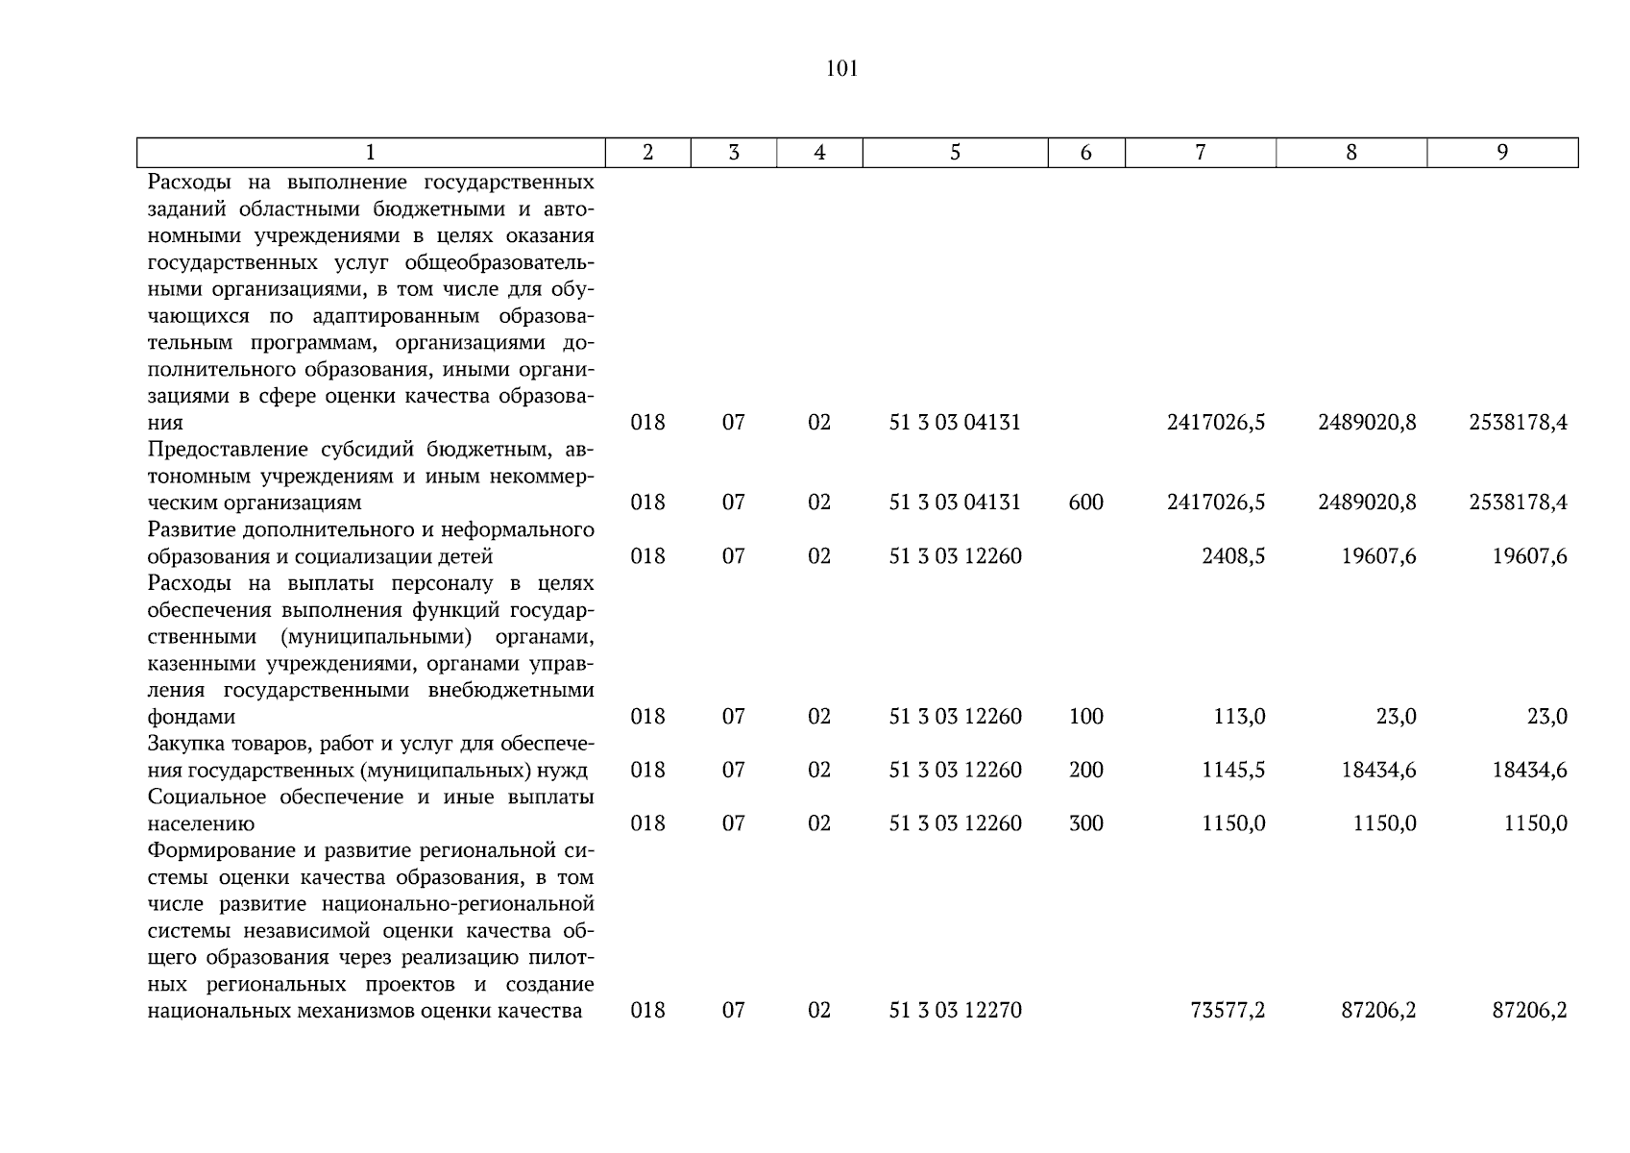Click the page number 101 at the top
pos(841,69)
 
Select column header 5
pos(955,153)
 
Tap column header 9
pos(1502,153)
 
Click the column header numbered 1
pos(371,153)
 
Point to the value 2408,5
pos(1233,556)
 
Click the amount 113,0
pos(1240,717)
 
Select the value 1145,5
pos(1233,770)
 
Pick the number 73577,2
pos(1228,1010)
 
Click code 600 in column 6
pos(1085,503)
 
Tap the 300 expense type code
pos(1085,823)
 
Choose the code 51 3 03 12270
pos(955,1010)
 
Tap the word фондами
pos(191,718)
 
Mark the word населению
pos(201,824)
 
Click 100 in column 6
pos(1085,717)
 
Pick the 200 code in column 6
pos(1085,770)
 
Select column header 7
pos(1200,153)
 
